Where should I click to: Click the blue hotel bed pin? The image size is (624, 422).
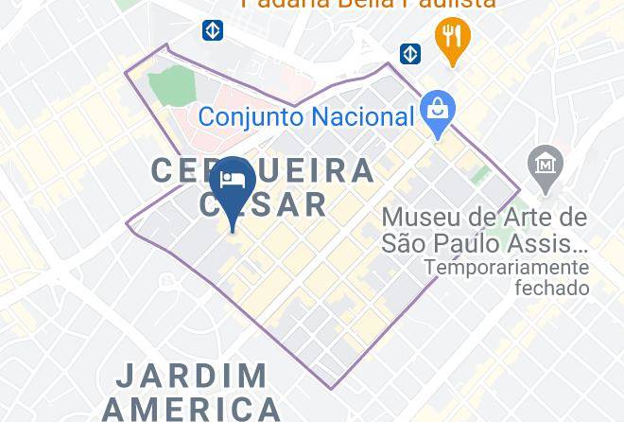click(231, 184)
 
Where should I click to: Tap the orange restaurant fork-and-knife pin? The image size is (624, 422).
click(452, 39)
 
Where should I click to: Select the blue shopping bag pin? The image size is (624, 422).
click(437, 110)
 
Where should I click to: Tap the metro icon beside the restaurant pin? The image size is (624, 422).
click(410, 53)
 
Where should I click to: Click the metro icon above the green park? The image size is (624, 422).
click(213, 31)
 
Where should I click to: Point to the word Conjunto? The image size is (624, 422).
click(251, 117)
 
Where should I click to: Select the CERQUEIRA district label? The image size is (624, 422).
click(263, 171)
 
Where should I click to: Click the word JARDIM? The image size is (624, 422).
click(192, 376)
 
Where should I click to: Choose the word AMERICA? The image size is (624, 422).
click(192, 409)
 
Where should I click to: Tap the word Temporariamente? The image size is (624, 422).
click(507, 268)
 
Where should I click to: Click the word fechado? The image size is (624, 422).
click(551, 288)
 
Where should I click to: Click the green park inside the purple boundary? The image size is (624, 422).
click(173, 86)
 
